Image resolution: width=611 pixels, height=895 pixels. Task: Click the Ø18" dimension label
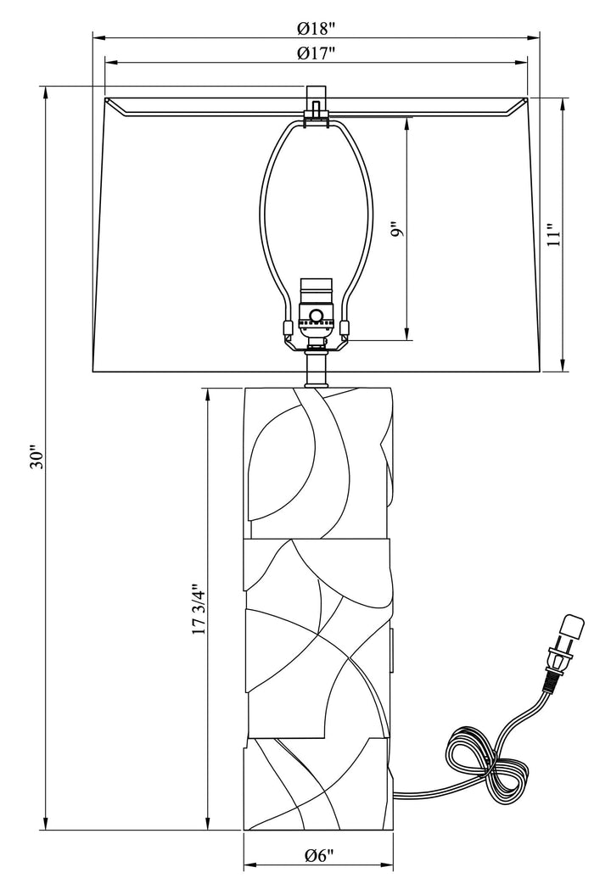[317, 27]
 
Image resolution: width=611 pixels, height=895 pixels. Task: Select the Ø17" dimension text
[317, 53]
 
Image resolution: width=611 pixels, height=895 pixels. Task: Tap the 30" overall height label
[36, 458]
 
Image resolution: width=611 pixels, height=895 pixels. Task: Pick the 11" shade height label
[553, 235]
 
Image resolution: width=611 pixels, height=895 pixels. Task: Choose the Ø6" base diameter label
[319, 856]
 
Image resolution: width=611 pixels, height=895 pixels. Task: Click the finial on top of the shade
[317, 101]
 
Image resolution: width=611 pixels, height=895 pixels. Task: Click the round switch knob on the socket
[317, 317]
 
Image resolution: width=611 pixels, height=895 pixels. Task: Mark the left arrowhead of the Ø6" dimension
[249, 867]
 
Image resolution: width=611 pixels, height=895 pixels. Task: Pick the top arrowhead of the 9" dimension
[407, 122]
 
